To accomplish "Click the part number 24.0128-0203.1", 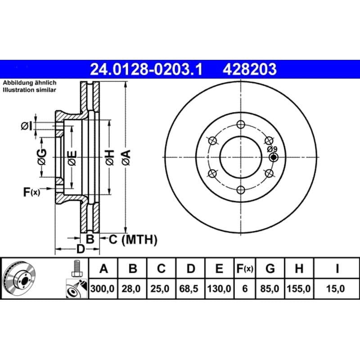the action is click(146, 69).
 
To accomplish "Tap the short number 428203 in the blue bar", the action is click(250, 69).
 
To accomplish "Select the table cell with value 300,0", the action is click(103, 288).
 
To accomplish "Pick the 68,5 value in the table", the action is click(189, 288).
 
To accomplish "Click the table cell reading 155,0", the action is click(299, 288).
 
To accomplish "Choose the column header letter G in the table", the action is click(270, 268).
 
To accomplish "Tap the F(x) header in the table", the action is click(245, 268).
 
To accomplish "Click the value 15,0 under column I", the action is click(335, 288).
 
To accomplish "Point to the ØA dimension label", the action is click(126, 157).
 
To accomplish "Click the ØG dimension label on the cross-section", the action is click(42, 157).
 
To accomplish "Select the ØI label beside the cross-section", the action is click(27, 126).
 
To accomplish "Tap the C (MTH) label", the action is click(133, 239).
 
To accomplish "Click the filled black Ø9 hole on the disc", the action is click(274, 157).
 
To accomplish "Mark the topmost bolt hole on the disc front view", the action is click(241, 125).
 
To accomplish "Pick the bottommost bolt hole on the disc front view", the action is click(241, 190).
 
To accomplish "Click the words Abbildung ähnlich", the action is click(29, 83).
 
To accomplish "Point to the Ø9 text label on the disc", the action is click(272, 149).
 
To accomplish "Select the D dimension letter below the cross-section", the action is click(81, 249).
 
